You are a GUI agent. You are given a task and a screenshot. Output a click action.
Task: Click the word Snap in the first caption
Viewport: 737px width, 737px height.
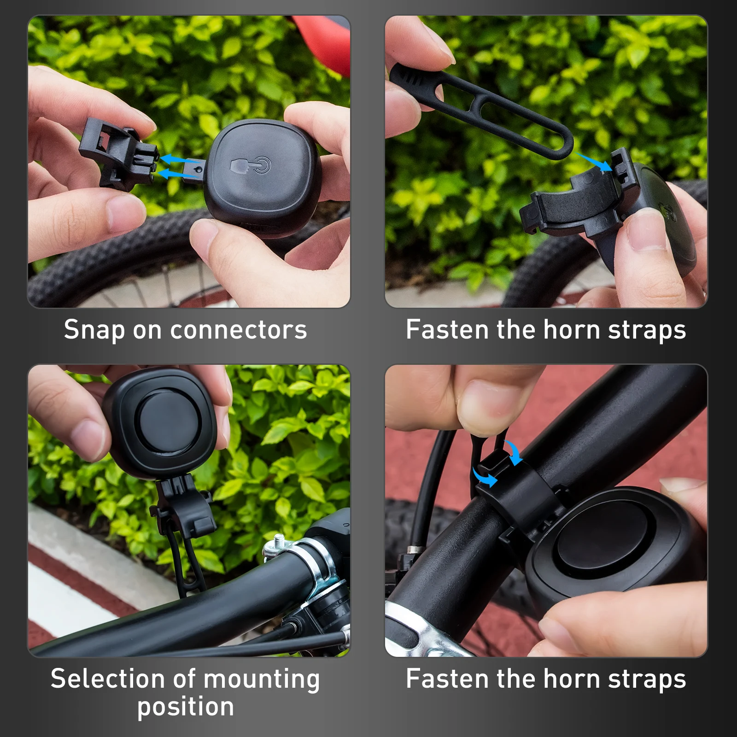point(94,330)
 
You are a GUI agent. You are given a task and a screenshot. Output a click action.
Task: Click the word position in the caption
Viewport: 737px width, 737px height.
point(186,707)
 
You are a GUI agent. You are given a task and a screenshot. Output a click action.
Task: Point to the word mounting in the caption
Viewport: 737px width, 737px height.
point(261,680)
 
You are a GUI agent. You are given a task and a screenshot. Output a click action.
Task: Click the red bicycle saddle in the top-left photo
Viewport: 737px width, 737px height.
point(322,41)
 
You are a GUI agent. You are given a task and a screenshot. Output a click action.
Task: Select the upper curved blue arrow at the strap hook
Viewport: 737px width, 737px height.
point(514,451)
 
